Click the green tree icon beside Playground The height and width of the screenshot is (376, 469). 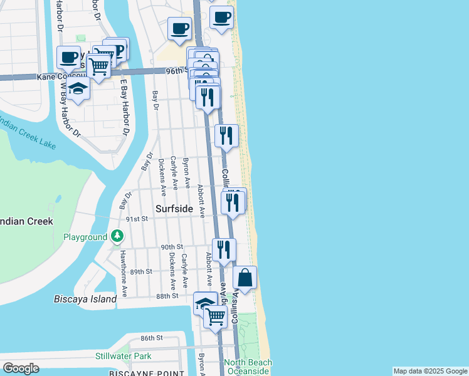[117, 237]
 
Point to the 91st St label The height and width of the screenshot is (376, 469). [136, 219]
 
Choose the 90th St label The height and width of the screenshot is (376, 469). [171, 247]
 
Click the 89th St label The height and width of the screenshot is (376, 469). [141, 271]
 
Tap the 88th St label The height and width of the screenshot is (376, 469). [167, 295]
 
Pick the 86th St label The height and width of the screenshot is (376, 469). [152, 338]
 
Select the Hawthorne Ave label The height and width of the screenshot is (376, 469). [125, 273]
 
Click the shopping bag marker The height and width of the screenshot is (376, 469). [245, 277]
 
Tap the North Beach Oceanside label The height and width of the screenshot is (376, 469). [248, 367]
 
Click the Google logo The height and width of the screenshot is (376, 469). [21, 368]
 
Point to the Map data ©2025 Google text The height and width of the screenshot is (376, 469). [430, 371]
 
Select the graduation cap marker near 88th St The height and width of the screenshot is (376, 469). [204, 303]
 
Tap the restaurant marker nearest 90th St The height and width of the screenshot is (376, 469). [224, 249]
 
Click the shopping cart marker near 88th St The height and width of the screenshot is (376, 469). [216, 316]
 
